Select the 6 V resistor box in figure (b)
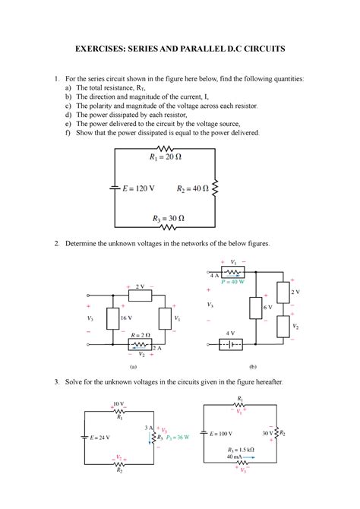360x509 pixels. [254, 307]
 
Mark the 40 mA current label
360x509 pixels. [235, 457]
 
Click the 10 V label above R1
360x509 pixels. [118, 403]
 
